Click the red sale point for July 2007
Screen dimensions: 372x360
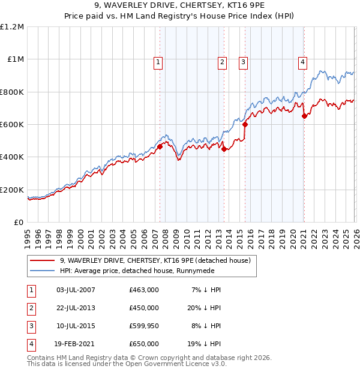tap(160, 146)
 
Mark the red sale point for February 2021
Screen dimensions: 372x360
tap(304, 116)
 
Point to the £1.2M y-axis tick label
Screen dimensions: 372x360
tap(12, 27)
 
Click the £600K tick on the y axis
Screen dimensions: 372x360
tap(12, 125)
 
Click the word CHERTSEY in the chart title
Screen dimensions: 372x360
tap(192, 5)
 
